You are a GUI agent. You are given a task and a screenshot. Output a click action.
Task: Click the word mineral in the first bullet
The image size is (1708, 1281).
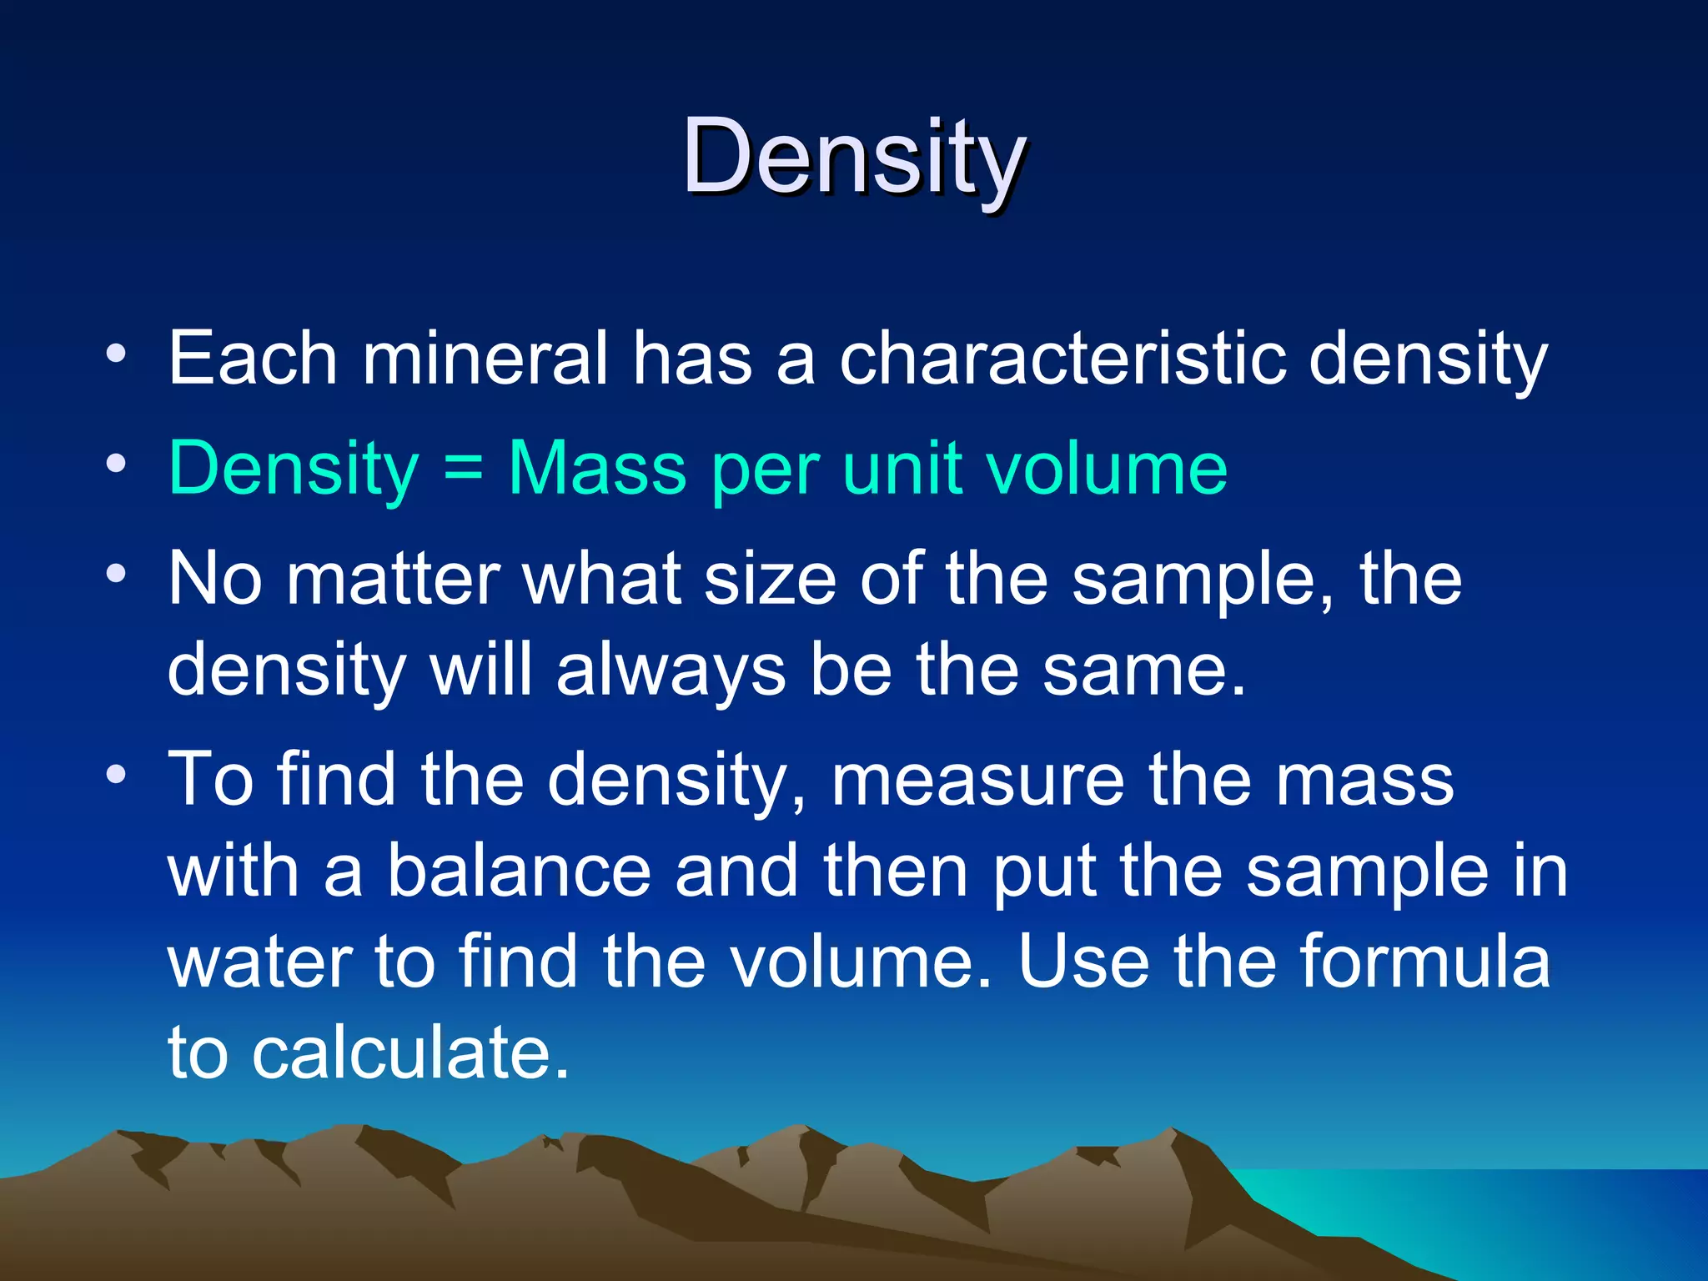[x=485, y=359]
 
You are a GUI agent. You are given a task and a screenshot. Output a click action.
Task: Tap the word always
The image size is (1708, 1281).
[x=671, y=671]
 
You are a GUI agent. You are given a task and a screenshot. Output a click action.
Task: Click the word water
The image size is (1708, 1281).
[x=259, y=963]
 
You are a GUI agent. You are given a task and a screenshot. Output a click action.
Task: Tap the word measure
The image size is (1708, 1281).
[x=977, y=781]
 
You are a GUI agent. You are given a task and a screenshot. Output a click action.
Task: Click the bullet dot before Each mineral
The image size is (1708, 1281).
[x=116, y=354]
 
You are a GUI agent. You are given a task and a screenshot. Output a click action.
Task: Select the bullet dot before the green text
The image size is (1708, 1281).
[x=116, y=464]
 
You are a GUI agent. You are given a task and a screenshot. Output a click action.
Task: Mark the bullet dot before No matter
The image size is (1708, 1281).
[x=116, y=574]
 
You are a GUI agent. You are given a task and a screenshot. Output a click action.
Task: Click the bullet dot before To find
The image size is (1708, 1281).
[x=116, y=775]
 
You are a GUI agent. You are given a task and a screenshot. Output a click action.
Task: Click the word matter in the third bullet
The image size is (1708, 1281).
[x=392, y=579]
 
